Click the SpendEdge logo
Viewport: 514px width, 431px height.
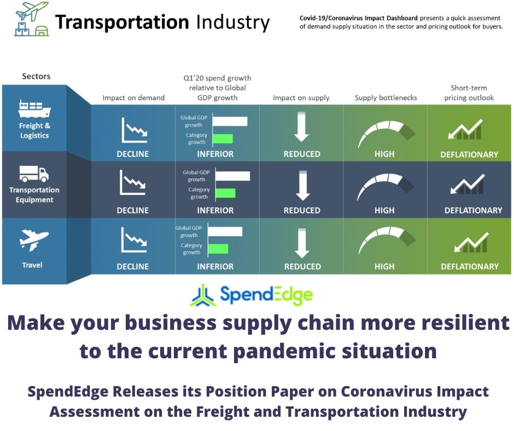click(x=252, y=295)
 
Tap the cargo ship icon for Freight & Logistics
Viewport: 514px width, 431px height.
click(x=34, y=108)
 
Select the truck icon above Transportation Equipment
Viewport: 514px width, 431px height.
click(x=34, y=173)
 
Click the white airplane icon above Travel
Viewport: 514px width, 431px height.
click(x=34, y=240)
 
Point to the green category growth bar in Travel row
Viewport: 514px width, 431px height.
click(x=218, y=249)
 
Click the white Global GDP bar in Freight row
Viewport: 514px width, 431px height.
click(x=230, y=121)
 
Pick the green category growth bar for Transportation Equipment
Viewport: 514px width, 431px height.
click(x=225, y=193)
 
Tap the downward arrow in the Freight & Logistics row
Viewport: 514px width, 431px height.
click(x=301, y=126)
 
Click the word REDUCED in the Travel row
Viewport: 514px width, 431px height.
click(x=302, y=266)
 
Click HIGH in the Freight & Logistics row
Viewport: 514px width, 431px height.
click(x=384, y=154)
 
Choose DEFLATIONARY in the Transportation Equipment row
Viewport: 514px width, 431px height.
click(x=473, y=210)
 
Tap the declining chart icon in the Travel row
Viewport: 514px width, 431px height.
click(x=134, y=240)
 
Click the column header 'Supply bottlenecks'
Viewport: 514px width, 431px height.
click(x=386, y=98)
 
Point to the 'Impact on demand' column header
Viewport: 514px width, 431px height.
click(x=133, y=98)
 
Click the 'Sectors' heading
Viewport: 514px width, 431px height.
click(x=36, y=77)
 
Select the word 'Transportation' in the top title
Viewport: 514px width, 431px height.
click(x=122, y=22)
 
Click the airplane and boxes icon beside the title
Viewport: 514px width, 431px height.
click(x=32, y=19)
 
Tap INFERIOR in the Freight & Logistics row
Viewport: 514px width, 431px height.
click(x=215, y=154)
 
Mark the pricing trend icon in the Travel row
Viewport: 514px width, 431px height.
click(x=471, y=242)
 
